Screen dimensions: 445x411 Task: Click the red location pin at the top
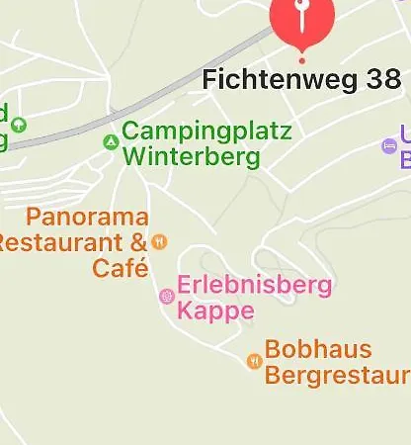tap(302, 18)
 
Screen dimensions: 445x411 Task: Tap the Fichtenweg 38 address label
tap(301, 80)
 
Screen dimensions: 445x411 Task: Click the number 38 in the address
tap(380, 80)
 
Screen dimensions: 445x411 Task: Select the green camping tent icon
tap(111, 142)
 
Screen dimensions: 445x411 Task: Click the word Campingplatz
tap(206, 132)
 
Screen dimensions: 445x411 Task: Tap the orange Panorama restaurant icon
tap(160, 241)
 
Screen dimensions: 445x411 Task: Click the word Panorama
tap(88, 218)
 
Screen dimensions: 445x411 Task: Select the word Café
tap(121, 267)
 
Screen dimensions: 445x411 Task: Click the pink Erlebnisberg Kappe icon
tap(167, 296)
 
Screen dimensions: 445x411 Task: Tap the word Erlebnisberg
tap(254, 287)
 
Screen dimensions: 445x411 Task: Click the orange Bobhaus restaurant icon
tap(254, 361)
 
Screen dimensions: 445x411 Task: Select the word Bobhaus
tap(318, 350)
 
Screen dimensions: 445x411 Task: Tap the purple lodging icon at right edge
tap(388, 146)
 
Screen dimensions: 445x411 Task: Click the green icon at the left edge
tap(18, 124)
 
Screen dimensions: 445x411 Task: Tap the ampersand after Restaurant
tap(137, 242)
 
